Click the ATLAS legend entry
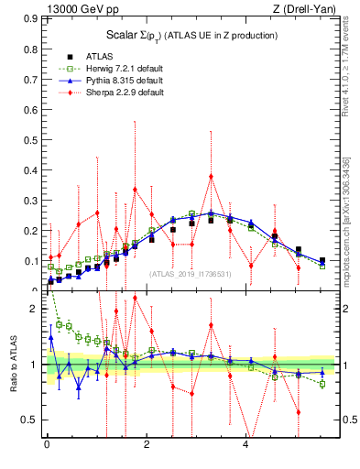(99, 56)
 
